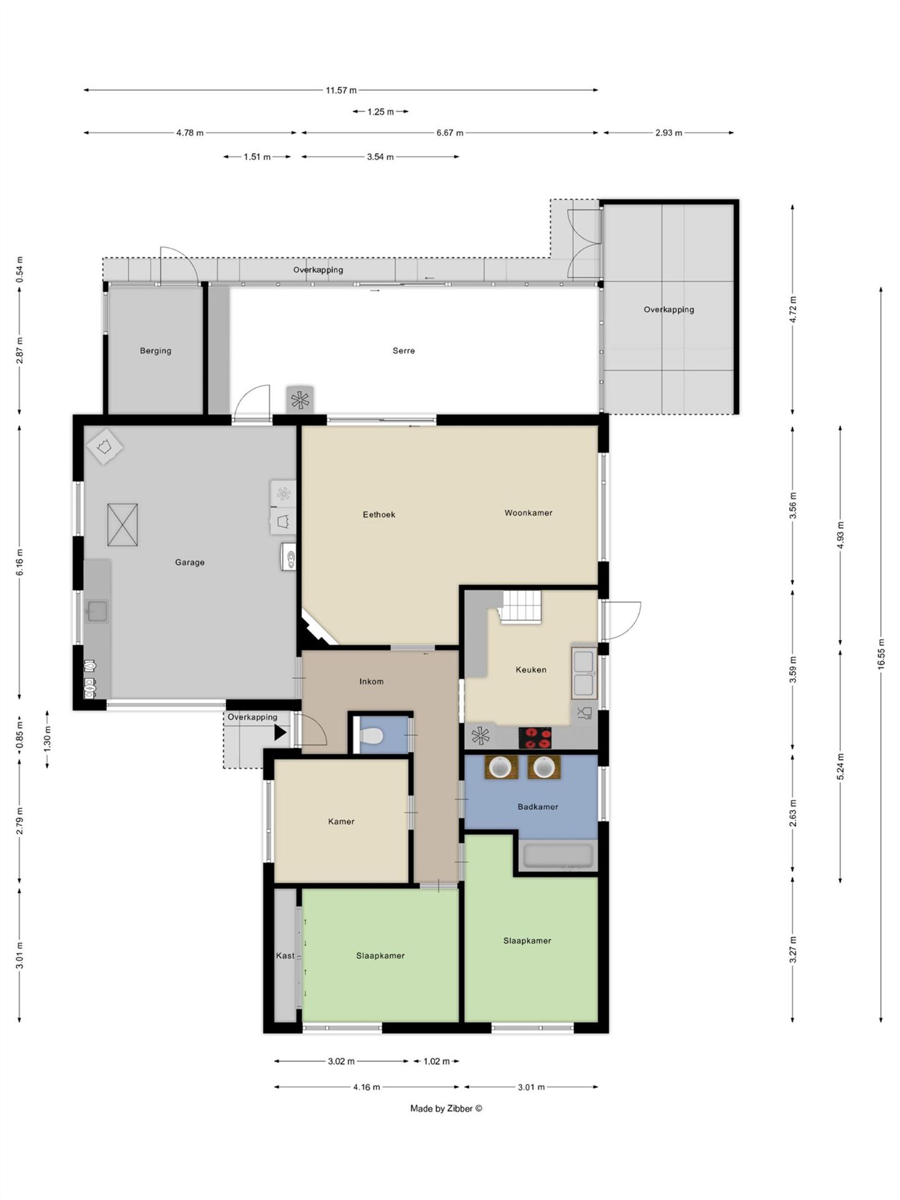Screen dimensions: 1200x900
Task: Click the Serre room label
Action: pos(403,350)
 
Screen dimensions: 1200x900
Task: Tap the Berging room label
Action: pos(155,350)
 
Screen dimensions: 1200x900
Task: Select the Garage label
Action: pos(190,562)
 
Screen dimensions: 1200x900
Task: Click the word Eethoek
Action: pos(379,514)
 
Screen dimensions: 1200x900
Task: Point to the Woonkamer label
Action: pos(528,513)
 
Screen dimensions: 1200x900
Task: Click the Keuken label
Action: pos(530,669)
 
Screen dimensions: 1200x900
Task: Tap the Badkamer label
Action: pos(537,807)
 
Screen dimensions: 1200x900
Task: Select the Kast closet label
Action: pos(285,955)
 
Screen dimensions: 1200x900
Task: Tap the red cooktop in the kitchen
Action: pos(534,738)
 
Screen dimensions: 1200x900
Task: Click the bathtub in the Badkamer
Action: pos(557,856)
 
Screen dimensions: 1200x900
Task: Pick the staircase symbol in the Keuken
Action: pos(521,607)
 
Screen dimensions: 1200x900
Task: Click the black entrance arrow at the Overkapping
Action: pos(280,732)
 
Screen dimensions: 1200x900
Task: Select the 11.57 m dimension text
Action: pos(341,90)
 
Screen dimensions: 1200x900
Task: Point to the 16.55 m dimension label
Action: pos(881,654)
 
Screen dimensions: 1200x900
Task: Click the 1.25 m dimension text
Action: pos(380,112)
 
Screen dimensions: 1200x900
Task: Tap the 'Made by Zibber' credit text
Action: pos(446,1108)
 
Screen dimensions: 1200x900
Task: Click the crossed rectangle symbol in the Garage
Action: pos(122,524)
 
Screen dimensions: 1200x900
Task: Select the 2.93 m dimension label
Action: pos(668,133)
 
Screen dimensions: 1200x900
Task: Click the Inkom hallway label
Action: pos(371,681)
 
